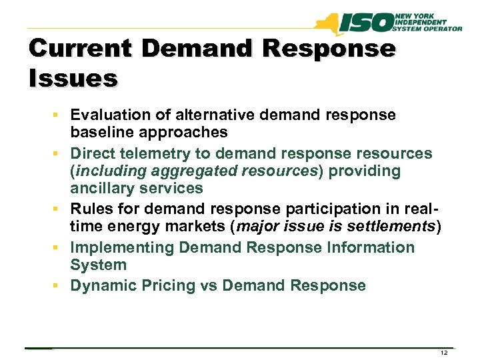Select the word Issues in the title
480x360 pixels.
[x=73, y=78]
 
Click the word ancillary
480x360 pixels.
[x=102, y=188]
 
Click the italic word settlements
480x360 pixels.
[x=388, y=227]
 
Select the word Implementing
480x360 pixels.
[x=122, y=248]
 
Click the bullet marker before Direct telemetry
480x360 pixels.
[x=61, y=154]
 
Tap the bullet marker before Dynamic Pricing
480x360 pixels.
[x=61, y=286]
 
